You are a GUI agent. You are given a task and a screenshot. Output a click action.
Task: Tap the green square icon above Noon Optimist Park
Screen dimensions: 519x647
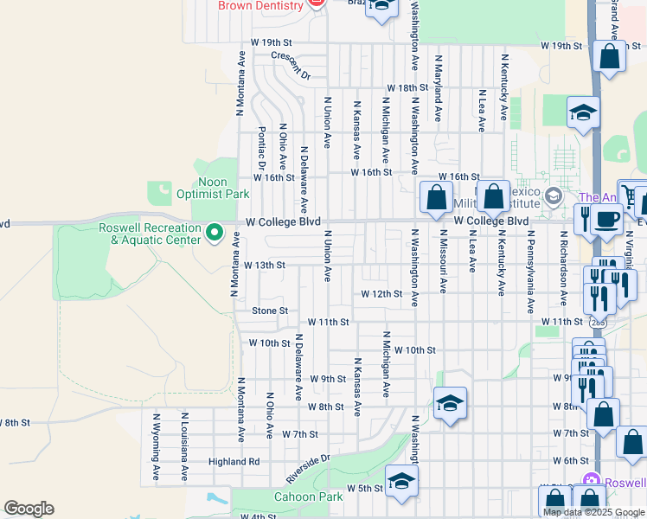(x=159, y=193)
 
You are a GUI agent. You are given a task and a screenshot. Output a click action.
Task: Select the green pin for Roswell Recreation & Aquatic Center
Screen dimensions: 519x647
(x=216, y=232)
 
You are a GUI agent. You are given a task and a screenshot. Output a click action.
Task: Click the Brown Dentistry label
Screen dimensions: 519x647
(x=259, y=6)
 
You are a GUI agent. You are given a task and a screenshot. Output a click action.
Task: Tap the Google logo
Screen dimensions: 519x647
(x=29, y=509)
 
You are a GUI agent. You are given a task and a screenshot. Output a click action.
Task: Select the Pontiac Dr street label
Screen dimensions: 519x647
(x=261, y=149)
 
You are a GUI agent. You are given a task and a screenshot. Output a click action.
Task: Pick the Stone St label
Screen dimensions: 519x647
(x=269, y=311)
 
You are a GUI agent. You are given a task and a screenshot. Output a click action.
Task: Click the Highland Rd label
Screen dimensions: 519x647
(x=234, y=462)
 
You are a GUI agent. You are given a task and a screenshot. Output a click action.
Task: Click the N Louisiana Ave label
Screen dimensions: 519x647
(x=184, y=446)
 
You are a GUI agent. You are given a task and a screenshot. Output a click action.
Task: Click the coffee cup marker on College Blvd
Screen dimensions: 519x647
(x=608, y=221)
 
